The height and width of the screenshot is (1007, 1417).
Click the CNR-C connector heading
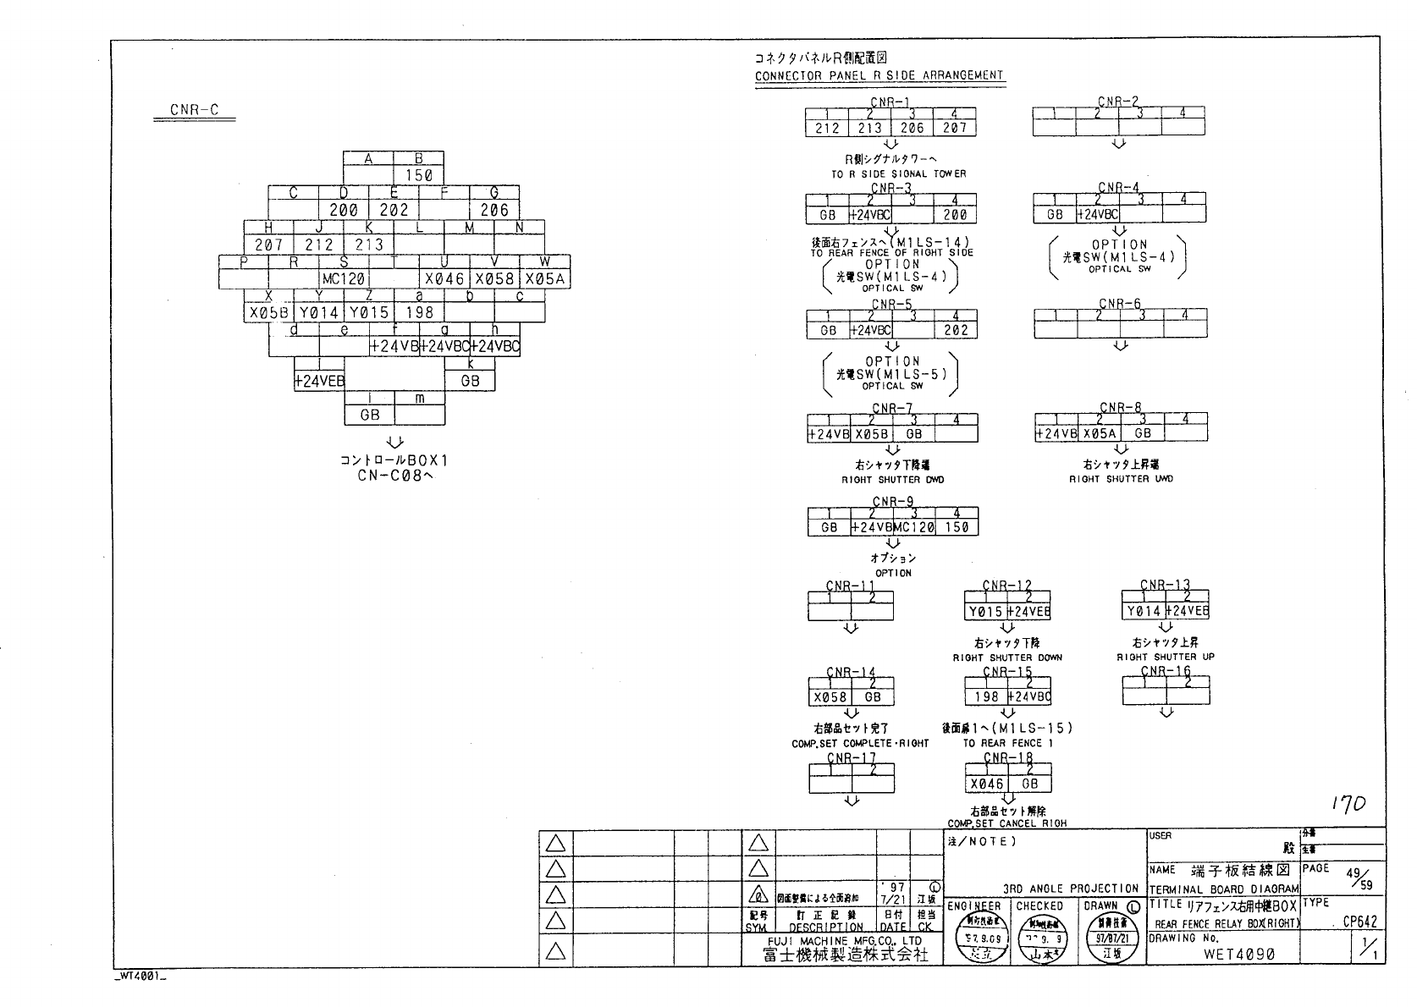[x=194, y=109]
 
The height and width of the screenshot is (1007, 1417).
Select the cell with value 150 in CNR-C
[x=419, y=175]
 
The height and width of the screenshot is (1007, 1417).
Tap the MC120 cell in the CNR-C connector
[x=343, y=278]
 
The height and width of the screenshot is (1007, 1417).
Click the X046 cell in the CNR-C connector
[x=444, y=278]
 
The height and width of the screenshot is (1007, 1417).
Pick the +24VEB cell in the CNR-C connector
[x=319, y=382]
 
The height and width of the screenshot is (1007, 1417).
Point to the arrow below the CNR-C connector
[x=394, y=442]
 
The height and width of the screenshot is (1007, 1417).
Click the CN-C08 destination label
[x=394, y=476]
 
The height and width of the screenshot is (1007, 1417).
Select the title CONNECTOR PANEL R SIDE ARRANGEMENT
[x=879, y=75]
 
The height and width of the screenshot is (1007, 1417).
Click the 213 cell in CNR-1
[x=869, y=129]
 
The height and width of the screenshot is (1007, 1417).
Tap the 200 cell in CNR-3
[x=956, y=215]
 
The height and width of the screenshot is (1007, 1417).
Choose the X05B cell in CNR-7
[x=871, y=434]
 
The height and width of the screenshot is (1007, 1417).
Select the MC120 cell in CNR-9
[x=914, y=527]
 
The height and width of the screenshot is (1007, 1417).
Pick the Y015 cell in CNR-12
[x=986, y=612]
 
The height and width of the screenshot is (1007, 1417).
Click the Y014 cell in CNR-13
[x=1144, y=611]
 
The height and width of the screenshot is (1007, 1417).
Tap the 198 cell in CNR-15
[x=986, y=697]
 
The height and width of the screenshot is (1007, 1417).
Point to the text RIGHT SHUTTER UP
[x=1165, y=657]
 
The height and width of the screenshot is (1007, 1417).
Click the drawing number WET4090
[x=1238, y=954]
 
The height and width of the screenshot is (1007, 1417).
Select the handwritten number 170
[x=1348, y=805]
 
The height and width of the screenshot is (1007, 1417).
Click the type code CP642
[x=1359, y=922]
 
